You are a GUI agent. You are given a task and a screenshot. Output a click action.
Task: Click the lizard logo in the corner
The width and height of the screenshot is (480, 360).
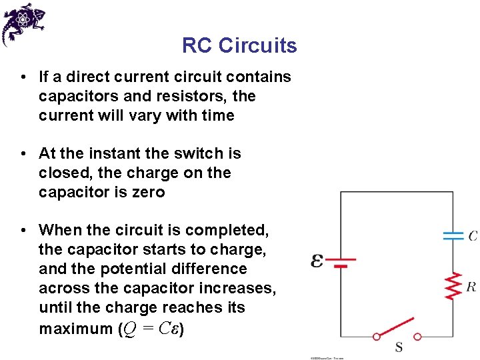coord(23,23)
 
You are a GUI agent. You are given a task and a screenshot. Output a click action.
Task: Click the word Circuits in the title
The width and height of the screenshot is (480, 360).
coord(258,46)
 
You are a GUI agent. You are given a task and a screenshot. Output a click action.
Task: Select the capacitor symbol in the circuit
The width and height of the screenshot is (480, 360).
coord(453,235)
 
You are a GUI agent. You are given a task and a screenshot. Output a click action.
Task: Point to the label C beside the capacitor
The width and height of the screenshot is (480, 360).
coord(472,236)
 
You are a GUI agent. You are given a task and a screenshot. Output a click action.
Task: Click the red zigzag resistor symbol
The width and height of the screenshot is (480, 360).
coord(453,285)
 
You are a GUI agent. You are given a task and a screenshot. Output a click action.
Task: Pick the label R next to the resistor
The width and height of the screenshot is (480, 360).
coord(471,287)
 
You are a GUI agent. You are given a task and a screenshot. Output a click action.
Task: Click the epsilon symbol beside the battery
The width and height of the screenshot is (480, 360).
coord(317,260)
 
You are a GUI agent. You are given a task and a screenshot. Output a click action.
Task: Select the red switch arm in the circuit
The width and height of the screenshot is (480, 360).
coord(397,329)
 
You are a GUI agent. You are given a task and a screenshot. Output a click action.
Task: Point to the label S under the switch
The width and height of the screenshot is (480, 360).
coord(399,347)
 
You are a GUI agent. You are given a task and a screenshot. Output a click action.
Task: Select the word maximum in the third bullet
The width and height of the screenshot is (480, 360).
coord(75,329)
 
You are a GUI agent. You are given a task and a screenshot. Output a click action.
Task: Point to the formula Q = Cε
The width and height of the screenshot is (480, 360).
coord(151,329)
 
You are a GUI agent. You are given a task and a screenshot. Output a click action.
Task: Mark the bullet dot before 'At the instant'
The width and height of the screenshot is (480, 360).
coord(23,154)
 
